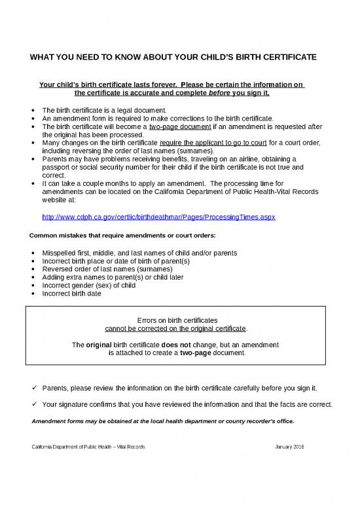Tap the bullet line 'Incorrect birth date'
[72, 293]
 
